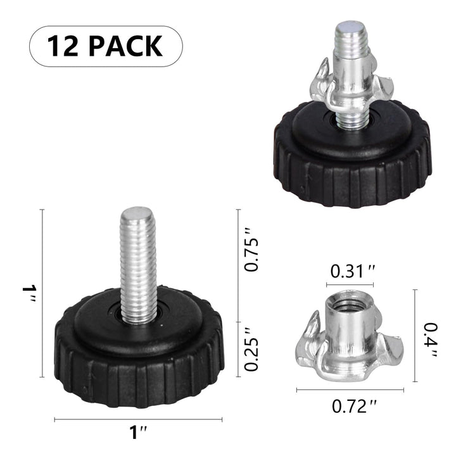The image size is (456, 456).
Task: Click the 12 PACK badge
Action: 106,46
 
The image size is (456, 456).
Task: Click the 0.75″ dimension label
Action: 252,255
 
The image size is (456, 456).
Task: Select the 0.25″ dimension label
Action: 252,348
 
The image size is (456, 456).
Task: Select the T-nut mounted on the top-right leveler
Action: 352,89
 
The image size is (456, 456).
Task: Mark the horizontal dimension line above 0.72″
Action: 350,390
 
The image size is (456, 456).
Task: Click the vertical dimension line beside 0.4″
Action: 415,336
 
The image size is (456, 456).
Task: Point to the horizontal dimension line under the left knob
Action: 138,419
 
